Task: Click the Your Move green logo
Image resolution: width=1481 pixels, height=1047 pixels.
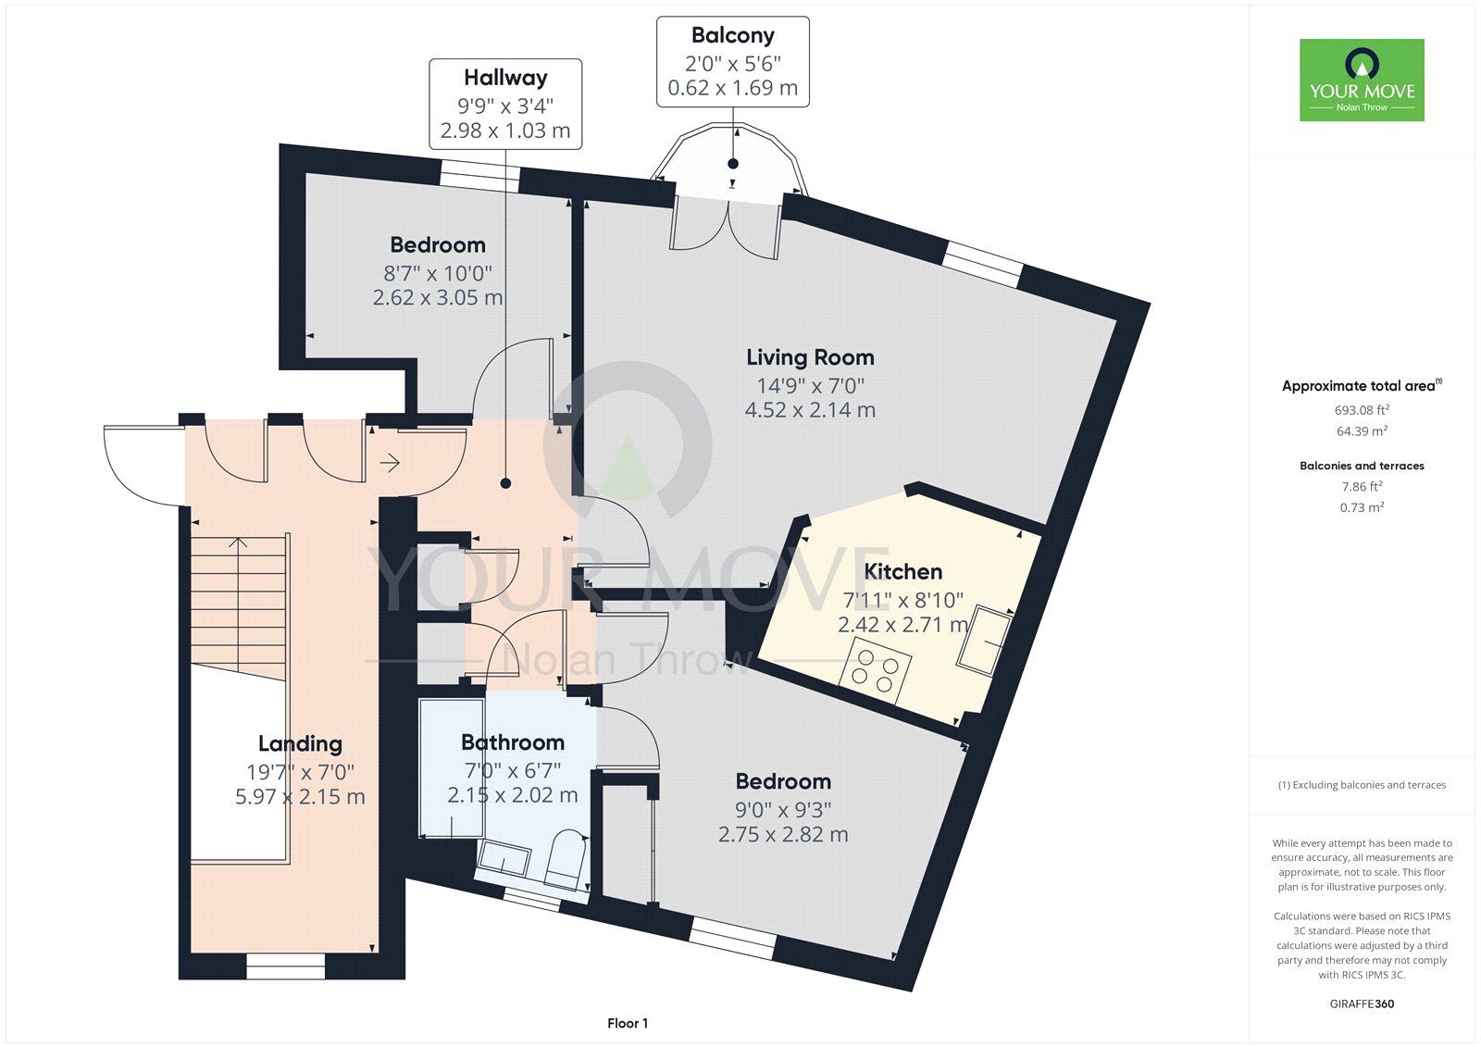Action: point(1362,80)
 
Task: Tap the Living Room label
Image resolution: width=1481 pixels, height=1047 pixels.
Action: point(810,358)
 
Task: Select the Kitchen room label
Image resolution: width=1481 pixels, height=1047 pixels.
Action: point(903,571)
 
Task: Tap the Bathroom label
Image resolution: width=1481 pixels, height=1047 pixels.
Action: point(513,742)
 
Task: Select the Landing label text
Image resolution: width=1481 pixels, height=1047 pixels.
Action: point(300,744)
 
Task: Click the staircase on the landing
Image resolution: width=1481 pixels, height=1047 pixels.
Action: point(239,606)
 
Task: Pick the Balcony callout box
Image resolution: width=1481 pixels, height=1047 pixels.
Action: point(732,61)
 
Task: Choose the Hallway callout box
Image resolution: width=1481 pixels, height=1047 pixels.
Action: point(505,104)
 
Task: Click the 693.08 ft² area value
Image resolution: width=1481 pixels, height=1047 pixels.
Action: point(1362,410)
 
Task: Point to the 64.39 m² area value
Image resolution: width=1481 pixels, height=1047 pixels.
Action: point(1362,431)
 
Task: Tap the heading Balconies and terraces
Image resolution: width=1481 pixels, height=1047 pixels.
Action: point(1362,466)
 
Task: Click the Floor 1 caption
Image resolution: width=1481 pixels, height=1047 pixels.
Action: point(628,1023)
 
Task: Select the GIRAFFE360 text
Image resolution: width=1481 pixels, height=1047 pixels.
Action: point(1362,1003)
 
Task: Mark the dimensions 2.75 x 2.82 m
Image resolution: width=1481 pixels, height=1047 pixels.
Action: point(783,835)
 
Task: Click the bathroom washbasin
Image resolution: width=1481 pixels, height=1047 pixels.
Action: point(504,858)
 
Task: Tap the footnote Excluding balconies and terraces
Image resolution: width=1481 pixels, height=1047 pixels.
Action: point(1362,785)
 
